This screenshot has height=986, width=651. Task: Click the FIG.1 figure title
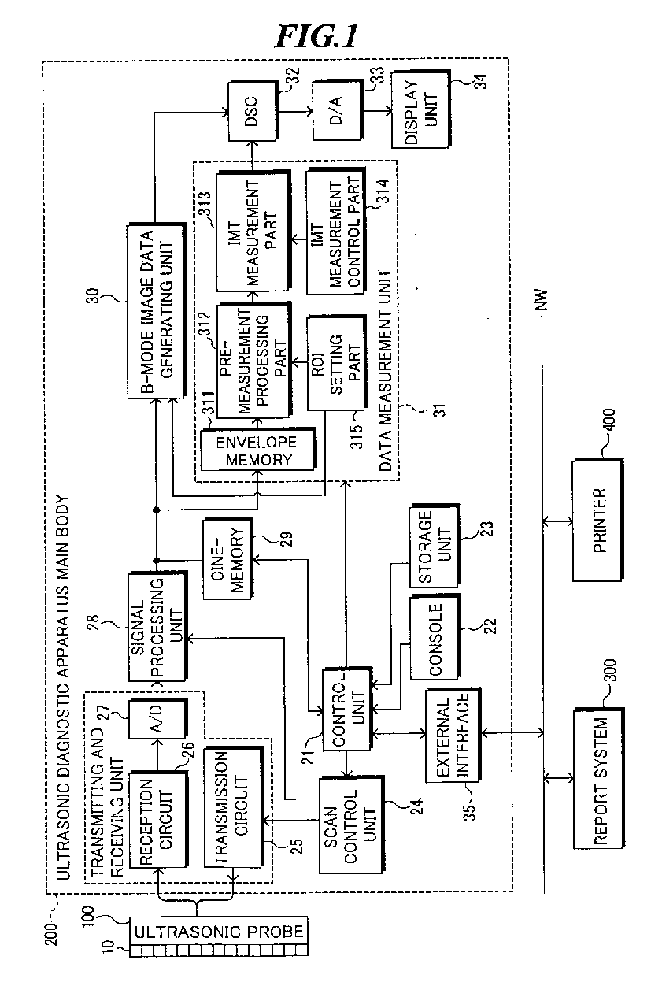click(x=316, y=36)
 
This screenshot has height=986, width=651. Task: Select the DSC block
click(x=253, y=111)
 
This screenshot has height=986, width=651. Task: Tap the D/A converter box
click(x=338, y=111)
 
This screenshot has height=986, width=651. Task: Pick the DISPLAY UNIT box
click(x=421, y=109)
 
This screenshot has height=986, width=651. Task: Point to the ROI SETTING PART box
click(x=336, y=363)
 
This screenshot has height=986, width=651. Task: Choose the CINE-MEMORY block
click(x=227, y=558)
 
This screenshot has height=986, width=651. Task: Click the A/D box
click(x=158, y=718)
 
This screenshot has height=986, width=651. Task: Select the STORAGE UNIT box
click(x=435, y=546)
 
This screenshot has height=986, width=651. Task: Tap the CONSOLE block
click(x=435, y=637)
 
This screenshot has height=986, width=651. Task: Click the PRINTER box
click(x=597, y=521)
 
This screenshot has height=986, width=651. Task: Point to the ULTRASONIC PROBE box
click(x=219, y=936)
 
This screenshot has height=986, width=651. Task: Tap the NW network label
click(x=542, y=300)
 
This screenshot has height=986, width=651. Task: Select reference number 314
click(x=383, y=191)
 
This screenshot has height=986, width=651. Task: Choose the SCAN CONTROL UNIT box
click(x=351, y=825)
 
